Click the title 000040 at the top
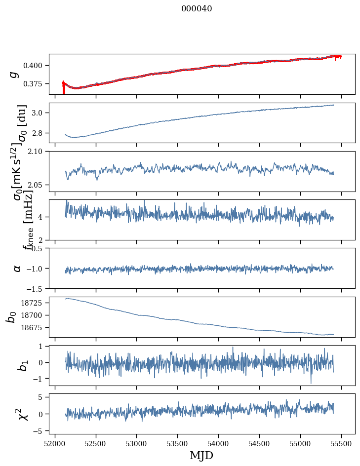click(x=197, y=8)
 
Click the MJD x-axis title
click(x=201, y=455)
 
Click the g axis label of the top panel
click(x=15, y=74)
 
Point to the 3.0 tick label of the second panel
click(x=40, y=113)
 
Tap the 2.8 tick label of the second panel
click(x=40, y=133)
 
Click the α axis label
click(x=17, y=268)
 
